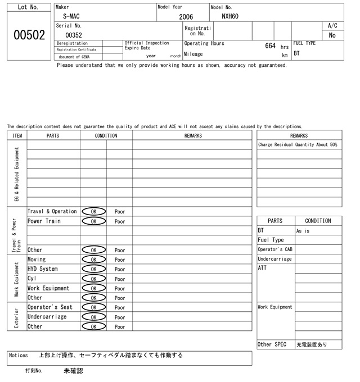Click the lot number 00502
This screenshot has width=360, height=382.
coord(28,35)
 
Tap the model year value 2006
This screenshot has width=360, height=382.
coord(186,17)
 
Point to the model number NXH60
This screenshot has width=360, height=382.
coord(230,16)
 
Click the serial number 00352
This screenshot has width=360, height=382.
coord(74,35)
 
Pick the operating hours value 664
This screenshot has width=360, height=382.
coord(270,46)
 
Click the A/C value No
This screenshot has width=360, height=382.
coord(332,35)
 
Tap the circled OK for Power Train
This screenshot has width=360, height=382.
coord(94,221)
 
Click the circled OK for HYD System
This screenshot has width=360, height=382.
coord(94,269)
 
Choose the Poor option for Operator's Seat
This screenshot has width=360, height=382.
coord(120,307)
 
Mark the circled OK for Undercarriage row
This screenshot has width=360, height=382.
coord(94,317)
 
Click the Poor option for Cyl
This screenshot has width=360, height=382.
coord(120,279)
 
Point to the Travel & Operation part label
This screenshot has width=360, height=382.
coord(52,212)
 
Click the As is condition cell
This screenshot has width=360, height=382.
coord(303,231)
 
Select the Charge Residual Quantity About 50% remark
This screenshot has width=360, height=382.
coord(298,145)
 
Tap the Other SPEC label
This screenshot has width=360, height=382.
coord(273,344)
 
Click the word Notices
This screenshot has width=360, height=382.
coord(19,356)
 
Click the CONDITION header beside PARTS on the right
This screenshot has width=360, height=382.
coord(318,221)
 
